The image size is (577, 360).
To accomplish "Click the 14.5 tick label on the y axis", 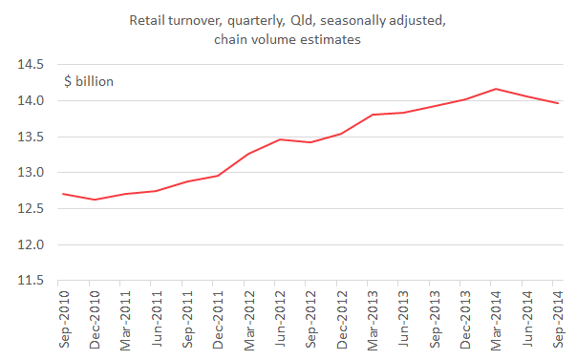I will (28, 65).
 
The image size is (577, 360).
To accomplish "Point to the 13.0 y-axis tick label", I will (28, 173).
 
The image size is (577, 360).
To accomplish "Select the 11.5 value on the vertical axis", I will (28, 281).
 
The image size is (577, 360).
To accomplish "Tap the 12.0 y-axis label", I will (28, 244).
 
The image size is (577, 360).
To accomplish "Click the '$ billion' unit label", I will (89, 81).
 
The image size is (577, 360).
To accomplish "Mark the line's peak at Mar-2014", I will (495, 89).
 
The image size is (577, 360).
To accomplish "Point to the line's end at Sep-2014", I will (558, 103).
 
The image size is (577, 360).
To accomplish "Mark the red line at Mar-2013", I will (371, 115).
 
